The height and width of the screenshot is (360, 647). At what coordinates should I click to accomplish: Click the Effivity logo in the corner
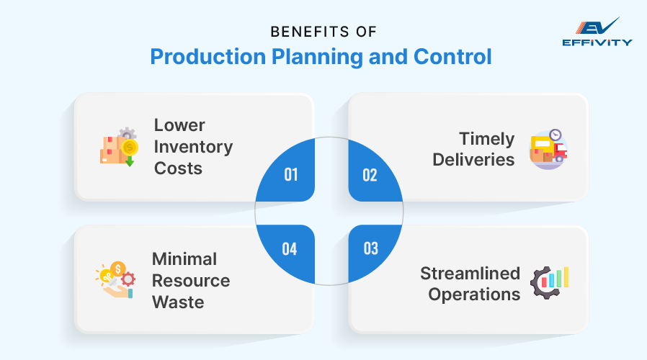tap(597, 32)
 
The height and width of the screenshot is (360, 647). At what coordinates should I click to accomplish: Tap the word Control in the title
tap(450, 57)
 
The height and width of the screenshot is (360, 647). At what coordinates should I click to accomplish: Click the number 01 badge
tap(290, 175)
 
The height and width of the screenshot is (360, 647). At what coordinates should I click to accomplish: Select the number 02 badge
tap(370, 175)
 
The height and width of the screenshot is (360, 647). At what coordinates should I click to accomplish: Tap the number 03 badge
tap(370, 249)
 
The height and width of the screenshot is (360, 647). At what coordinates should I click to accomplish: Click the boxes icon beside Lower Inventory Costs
tap(117, 147)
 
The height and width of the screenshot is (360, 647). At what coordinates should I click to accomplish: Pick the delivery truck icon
tap(548, 150)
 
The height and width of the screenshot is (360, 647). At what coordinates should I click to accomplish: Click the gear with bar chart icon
tap(549, 282)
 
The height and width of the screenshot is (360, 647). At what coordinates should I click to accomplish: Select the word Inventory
tap(193, 147)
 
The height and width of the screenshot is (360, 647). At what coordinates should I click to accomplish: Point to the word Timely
tap(488, 138)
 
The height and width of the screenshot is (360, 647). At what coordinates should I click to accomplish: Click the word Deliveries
tap(473, 159)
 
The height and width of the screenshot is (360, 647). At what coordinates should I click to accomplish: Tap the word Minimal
tap(184, 258)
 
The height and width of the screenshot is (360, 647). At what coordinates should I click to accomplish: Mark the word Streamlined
tap(470, 273)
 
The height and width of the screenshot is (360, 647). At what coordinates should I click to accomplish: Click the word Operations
tap(474, 294)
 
